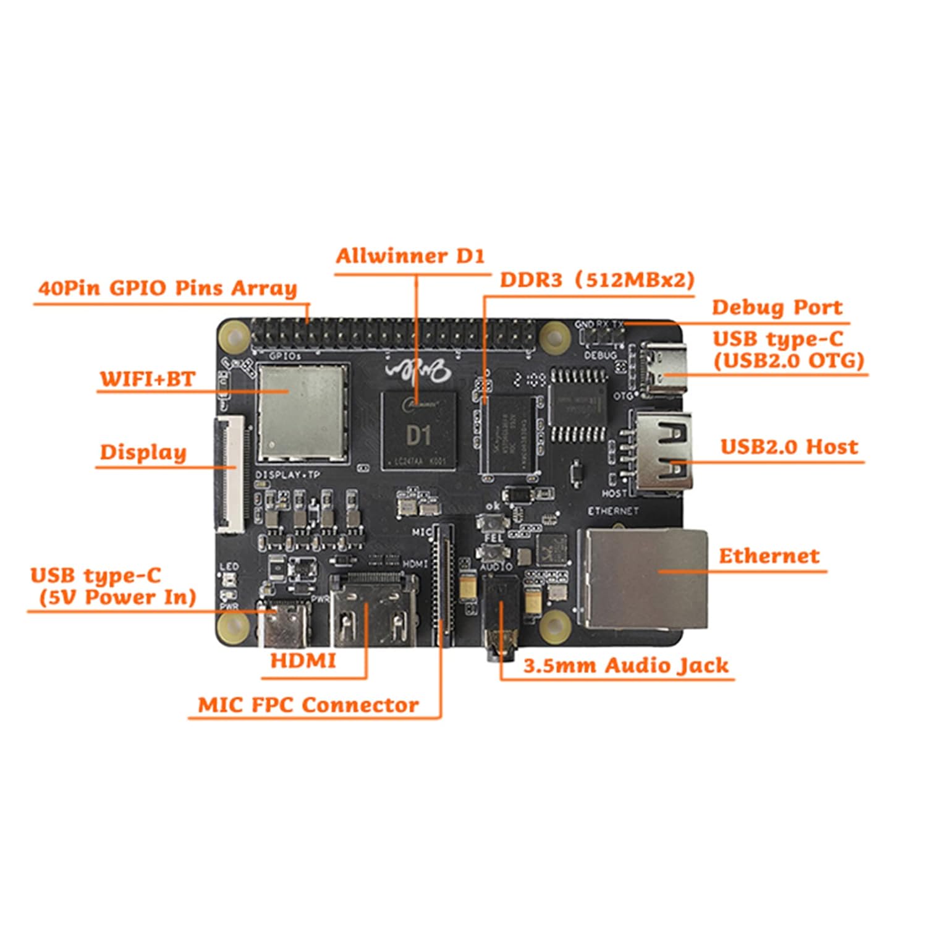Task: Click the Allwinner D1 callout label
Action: pyautogui.click(x=410, y=256)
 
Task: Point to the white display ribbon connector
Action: pyautogui.click(x=229, y=475)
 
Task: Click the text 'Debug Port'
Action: pyautogui.click(x=776, y=307)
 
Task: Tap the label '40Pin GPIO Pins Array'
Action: pyautogui.click(x=167, y=288)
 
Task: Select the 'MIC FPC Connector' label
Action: pyautogui.click(x=308, y=705)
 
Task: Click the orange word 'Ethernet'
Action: pyautogui.click(x=769, y=556)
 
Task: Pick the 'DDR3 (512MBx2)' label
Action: pyautogui.click(x=597, y=280)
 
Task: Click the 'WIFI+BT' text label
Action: pyautogui.click(x=148, y=378)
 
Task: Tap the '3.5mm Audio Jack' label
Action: pyautogui.click(x=625, y=666)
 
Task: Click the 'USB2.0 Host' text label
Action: pyautogui.click(x=789, y=447)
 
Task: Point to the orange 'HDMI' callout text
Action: pyautogui.click(x=303, y=661)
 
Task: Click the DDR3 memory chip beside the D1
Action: pyautogui.click(x=510, y=435)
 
